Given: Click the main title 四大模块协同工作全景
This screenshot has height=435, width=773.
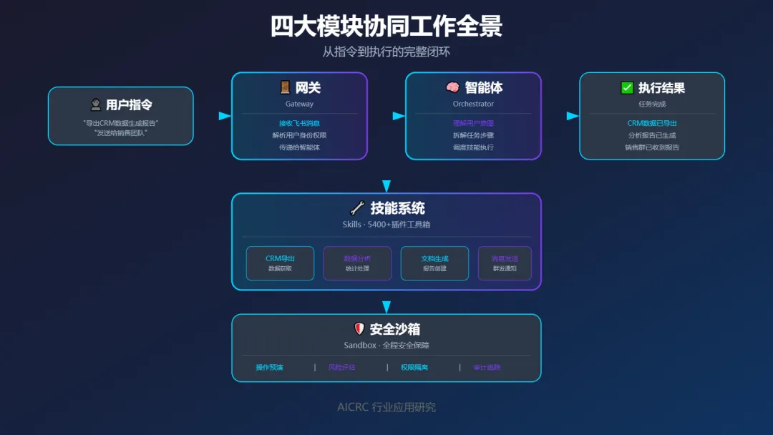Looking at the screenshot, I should [x=386, y=26].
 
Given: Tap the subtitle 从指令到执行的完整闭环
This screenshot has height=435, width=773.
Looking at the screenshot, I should [x=386, y=52].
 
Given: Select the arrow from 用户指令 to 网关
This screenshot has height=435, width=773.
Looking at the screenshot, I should [x=225, y=116].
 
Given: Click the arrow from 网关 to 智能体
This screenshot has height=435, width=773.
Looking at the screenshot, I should [x=399, y=116].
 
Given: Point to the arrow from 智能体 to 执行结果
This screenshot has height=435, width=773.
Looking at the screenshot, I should [x=573, y=116].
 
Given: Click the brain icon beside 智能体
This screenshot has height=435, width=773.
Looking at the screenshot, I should [x=452, y=87].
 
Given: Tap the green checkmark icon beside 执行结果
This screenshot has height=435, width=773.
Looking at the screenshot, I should [x=627, y=88].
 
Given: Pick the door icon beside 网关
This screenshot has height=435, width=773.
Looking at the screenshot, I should [x=285, y=87].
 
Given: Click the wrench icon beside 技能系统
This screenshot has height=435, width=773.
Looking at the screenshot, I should [x=357, y=208].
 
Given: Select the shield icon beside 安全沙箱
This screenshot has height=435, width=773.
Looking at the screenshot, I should [x=359, y=329].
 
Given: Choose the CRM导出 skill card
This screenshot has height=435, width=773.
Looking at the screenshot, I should [x=280, y=263].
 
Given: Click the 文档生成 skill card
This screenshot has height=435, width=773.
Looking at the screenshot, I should [x=434, y=263].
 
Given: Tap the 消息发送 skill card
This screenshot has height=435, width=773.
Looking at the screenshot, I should [x=505, y=263].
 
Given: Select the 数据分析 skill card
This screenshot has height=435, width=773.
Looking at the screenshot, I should [x=357, y=263].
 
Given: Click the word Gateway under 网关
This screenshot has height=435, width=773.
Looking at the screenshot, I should [x=299, y=104].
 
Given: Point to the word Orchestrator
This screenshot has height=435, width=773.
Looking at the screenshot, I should [x=473, y=104].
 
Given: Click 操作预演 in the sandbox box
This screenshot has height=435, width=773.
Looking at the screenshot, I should [x=270, y=368].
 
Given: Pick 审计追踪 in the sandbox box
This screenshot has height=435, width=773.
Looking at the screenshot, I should [x=487, y=368].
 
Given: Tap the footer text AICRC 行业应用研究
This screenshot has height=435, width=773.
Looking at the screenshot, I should [x=386, y=407].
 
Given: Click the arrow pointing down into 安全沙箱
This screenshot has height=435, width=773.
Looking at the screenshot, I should [x=386, y=307].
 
